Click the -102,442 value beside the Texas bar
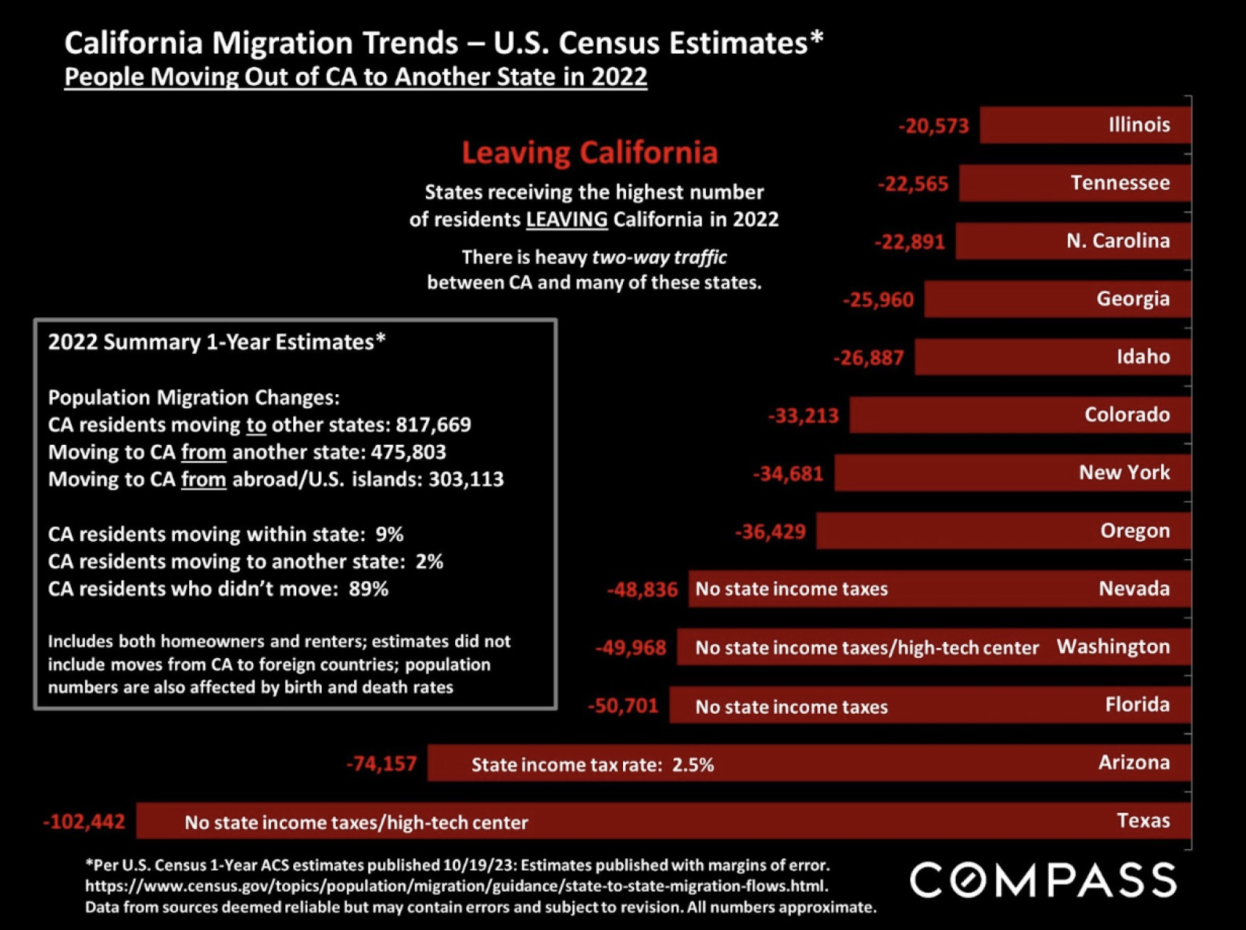tap(84, 822)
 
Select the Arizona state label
tap(1134, 763)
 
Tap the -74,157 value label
tap(381, 764)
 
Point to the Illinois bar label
tap(1139, 125)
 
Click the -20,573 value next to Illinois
tap(934, 126)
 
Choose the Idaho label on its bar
tap(1143, 357)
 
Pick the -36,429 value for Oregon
tap(770, 531)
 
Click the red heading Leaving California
tap(589, 152)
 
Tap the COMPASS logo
tap(1043, 879)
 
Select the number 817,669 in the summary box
tap(433, 425)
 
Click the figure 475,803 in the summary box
tap(408, 452)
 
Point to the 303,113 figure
tap(466, 479)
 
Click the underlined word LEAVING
tap(567, 219)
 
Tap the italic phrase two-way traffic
tap(659, 257)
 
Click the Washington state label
tap(1113, 647)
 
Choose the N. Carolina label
tap(1118, 241)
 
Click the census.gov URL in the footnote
tap(456, 886)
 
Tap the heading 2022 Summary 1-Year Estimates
tap(217, 342)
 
